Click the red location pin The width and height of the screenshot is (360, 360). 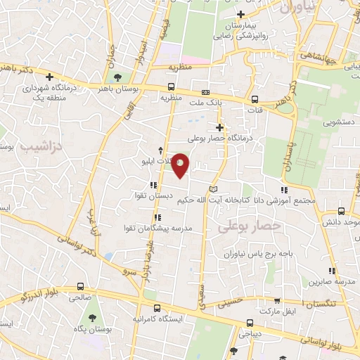181,165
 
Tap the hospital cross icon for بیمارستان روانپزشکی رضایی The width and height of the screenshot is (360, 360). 241,14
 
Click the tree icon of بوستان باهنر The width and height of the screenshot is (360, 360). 115,78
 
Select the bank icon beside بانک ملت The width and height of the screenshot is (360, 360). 205,92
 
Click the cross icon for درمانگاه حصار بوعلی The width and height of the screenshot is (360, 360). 220,127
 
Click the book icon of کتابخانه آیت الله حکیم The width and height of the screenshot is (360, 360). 214,189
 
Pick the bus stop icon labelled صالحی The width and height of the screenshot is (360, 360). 81,287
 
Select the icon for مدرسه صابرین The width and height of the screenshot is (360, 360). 331,271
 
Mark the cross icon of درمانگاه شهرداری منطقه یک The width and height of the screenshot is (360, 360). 49,77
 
